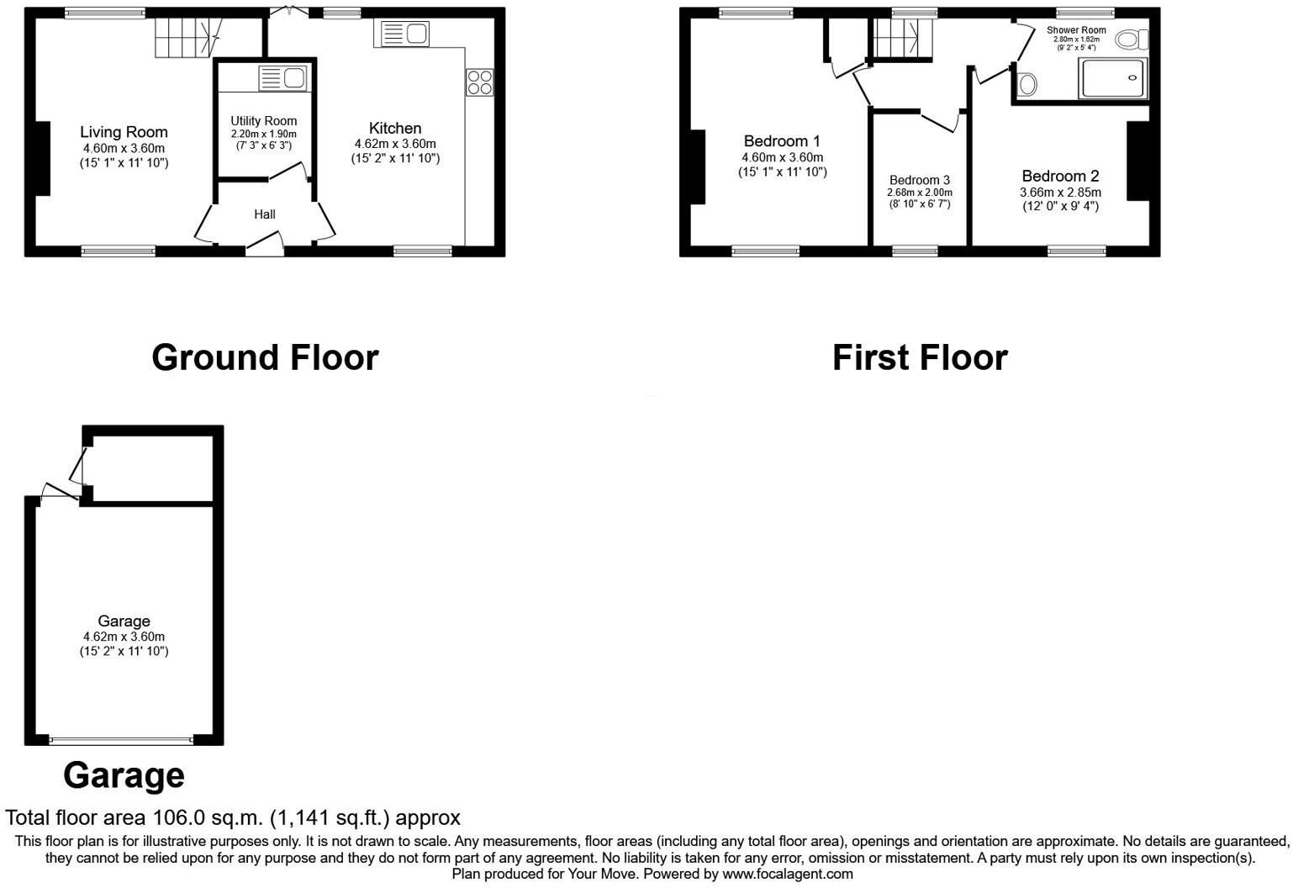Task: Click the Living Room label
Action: (x=124, y=132)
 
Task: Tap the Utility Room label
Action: (x=264, y=121)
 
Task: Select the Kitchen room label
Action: (x=395, y=128)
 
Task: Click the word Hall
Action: (x=265, y=214)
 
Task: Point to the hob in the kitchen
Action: (x=480, y=82)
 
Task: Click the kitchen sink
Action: (x=405, y=34)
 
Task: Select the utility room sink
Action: (x=282, y=78)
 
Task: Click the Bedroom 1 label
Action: (x=782, y=141)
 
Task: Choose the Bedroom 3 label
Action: (x=920, y=180)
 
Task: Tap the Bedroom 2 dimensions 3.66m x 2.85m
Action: (x=1060, y=193)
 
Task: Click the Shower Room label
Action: (x=1076, y=30)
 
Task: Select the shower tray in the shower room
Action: (x=1112, y=78)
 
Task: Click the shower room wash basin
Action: (x=1026, y=84)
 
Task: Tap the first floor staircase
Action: (x=900, y=39)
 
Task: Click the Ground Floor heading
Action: (x=265, y=357)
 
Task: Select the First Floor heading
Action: (x=920, y=357)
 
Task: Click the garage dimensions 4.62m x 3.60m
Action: (x=124, y=637)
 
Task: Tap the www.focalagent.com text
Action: (x=788, y=874)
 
